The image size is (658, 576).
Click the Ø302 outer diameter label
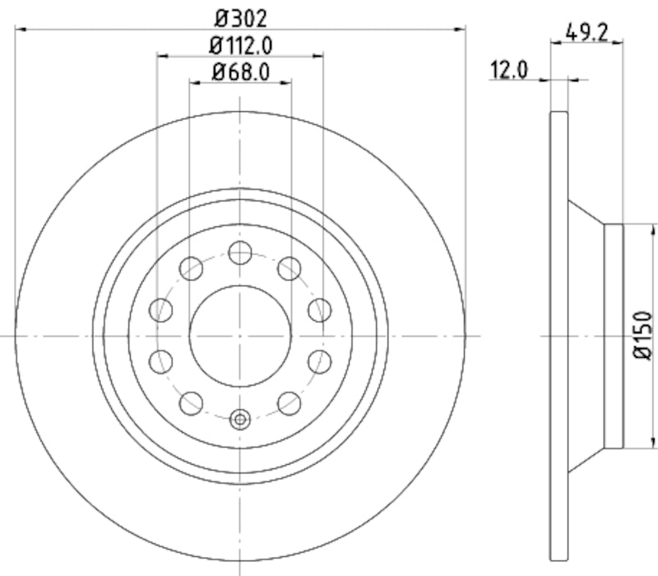(240, 16)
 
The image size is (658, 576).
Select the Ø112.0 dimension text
(240, 44)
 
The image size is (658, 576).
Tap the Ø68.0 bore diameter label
(240, 72)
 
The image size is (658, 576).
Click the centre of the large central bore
(240, 335)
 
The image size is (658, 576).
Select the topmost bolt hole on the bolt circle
(240, 253)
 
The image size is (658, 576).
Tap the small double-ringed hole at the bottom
(240, 419)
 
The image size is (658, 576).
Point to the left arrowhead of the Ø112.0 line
(161, 56)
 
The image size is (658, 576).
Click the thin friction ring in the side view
(558, 336)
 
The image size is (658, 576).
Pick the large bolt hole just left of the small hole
(192, 402)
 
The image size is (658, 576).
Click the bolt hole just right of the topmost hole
(289, 267)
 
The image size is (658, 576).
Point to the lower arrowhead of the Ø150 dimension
(623, 444)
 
